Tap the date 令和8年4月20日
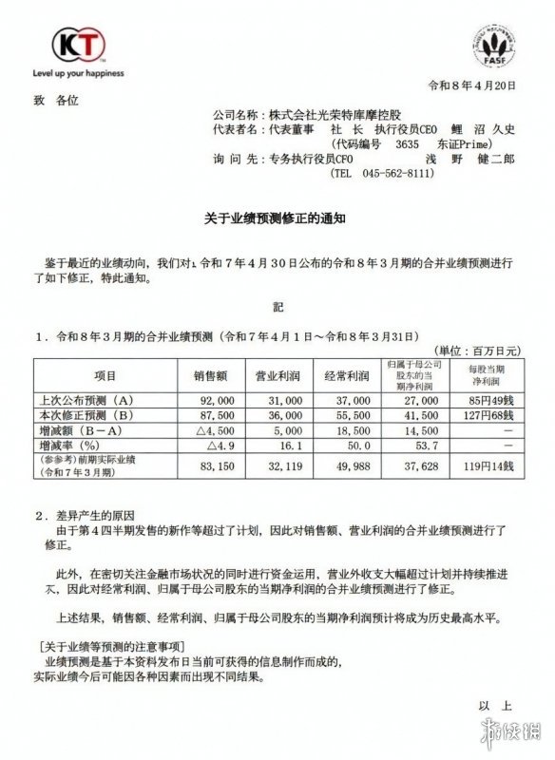(x=473, y=86)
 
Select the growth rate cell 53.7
(x=418, y=443)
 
